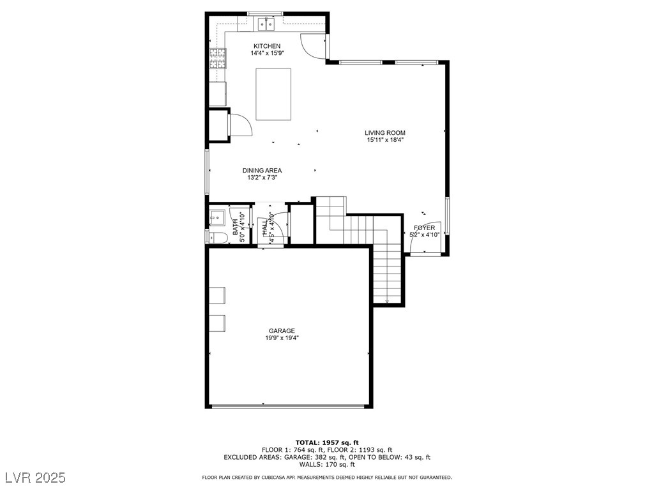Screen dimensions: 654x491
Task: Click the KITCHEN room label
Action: tap(267, 46)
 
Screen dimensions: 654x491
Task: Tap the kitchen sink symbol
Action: tap(266, 25)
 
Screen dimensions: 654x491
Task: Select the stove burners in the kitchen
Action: tap(218, 58)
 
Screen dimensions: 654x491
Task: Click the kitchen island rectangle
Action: tap(273, 95)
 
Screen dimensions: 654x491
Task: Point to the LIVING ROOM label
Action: tap(385, 133)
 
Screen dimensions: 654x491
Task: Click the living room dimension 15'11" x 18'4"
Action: tap(385, 140)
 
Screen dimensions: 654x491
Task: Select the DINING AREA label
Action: tap(262, 170)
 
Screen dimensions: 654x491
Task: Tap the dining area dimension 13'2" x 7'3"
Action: tap(262, 178)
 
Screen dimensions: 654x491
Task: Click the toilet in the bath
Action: tap(218, 238)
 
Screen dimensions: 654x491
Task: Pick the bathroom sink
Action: tap(217, 218)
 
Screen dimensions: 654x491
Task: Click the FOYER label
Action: tap(424, 228)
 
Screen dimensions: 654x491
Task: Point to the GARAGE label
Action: tap(282, 331)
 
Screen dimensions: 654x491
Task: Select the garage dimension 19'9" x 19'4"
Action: tap(282, 338)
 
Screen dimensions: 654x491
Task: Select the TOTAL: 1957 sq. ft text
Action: tap(327, 442)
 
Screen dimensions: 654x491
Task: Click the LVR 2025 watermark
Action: tap(36, 477)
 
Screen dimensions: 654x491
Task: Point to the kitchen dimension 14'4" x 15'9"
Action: tap(267, 53)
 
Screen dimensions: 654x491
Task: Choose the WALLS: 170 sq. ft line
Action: tap(327, 464)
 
